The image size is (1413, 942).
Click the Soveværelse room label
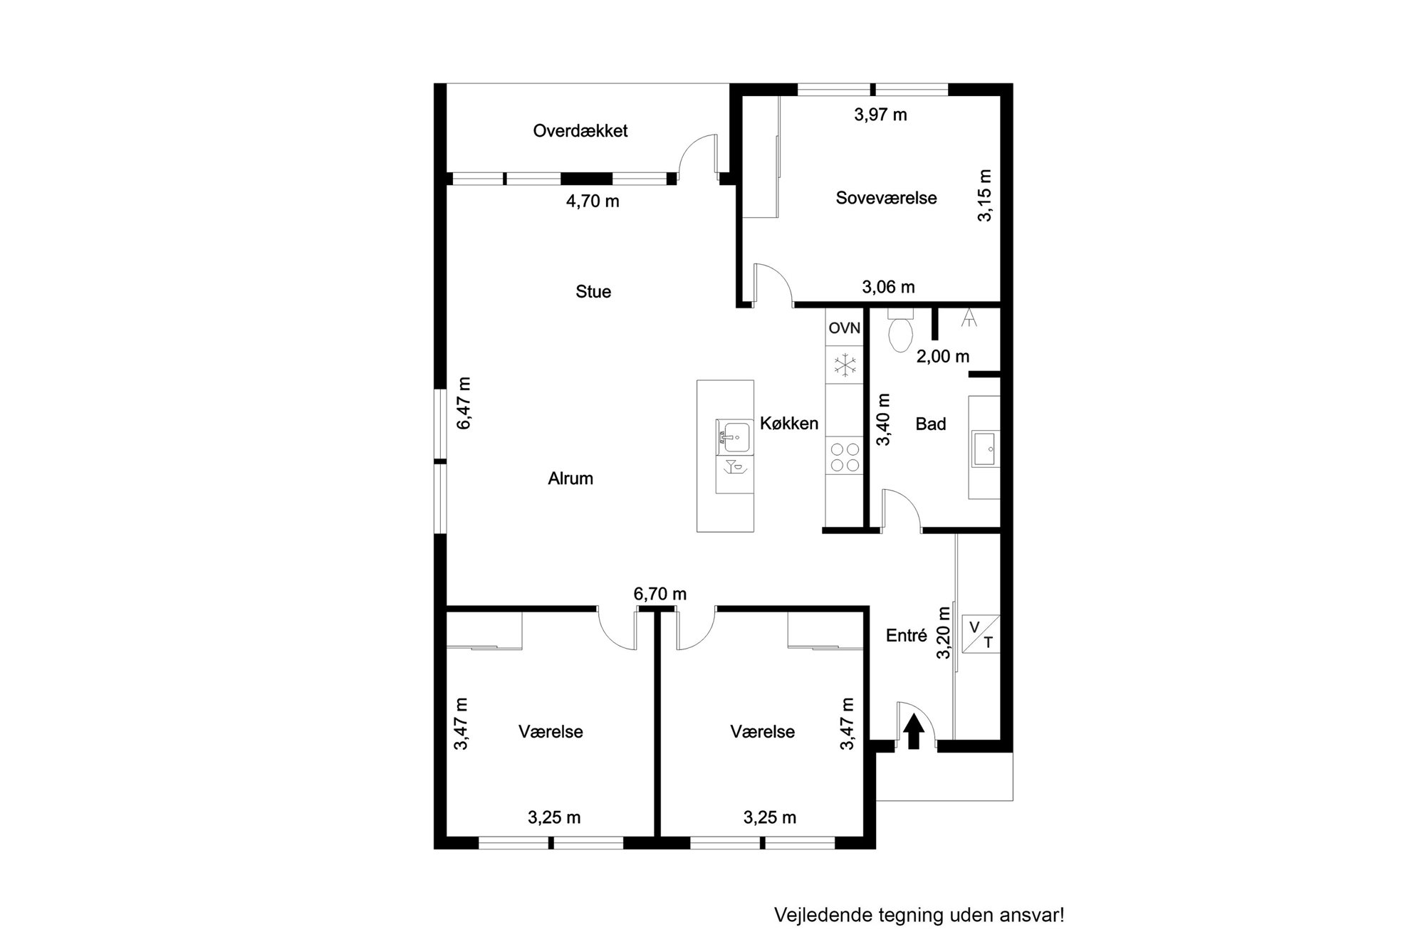[x=886, y=198]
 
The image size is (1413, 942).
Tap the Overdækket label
[x=580, y=131]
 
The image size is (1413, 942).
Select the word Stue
[x=593, y=291]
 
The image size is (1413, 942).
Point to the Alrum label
[x=570, y=478]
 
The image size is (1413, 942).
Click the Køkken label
[x=789, y=423]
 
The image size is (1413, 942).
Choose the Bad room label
[x=931, y=424]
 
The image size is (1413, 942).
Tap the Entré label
[x=907, y=636]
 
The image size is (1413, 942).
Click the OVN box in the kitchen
[x=845, y=328]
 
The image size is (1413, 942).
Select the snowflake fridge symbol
[x=845, y=366]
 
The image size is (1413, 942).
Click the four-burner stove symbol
[x=845, y=457]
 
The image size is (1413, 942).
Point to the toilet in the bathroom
[x=901, y=330]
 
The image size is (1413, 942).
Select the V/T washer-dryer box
[x=981, y=634]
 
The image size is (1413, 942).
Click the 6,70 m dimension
[x=660, y=594]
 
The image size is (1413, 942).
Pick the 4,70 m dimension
[x=593, y=202]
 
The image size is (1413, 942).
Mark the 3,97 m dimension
[x=880, y=115]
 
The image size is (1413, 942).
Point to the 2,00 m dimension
[x=943, y=357]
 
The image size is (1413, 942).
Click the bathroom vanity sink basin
[x=986, y=448]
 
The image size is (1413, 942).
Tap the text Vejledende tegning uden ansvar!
[x=919, y=915]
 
